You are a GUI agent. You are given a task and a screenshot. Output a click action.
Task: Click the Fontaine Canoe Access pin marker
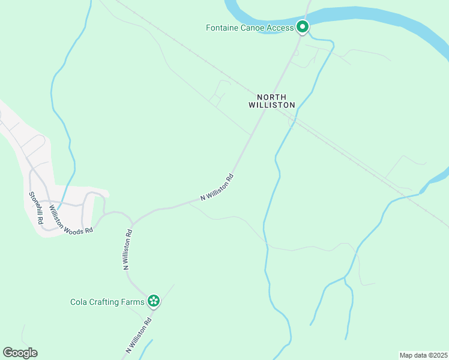click(x=303, y=27)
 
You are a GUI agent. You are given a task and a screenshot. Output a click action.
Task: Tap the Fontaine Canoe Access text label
click(x=250, y=28)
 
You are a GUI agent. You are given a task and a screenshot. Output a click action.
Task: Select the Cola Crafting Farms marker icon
click(x=154, y=301)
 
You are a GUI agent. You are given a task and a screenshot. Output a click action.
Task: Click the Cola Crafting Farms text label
click(x=107, y=302)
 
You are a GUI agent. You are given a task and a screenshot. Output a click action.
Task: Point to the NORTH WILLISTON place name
click(x=272, y=101)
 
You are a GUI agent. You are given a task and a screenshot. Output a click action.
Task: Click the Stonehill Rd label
click(x=37, y=208)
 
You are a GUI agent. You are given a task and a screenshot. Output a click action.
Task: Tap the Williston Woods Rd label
click(x=71, y=220)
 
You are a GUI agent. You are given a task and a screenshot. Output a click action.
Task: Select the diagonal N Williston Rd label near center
click(x=217, y=187)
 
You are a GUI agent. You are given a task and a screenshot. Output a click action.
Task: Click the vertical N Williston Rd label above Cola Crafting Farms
click(x=128, y=250)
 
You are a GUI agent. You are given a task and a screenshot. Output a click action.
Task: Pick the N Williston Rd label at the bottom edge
click(x=140, y=335)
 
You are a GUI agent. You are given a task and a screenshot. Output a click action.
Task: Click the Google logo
click(x=20, y=353)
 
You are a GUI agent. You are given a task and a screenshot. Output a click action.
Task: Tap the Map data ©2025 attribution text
click(x=423, y=355)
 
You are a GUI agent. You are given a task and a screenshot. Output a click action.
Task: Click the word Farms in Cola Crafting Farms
click(x=133, y=302)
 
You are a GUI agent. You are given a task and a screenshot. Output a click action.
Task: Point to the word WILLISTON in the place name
click(x=272, y=105)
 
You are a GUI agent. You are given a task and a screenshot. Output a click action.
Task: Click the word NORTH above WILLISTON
click(x=272, y=97)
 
